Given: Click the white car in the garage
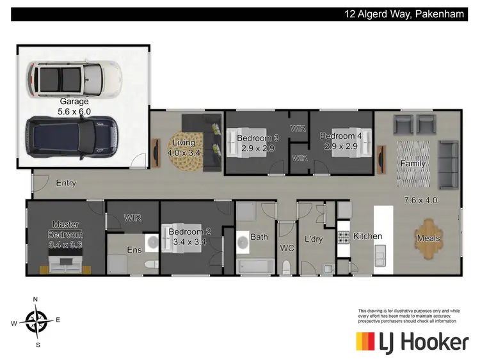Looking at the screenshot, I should tap(73, 77).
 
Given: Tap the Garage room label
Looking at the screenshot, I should tap(74, 101).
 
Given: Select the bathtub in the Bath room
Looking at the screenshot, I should tap(255, 265).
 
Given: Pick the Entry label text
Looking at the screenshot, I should tap(66, 183).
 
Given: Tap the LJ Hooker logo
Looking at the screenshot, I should tap(412, 342).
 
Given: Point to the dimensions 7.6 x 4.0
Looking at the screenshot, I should tap(420, 200).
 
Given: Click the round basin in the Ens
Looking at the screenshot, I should tap(152, 241).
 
